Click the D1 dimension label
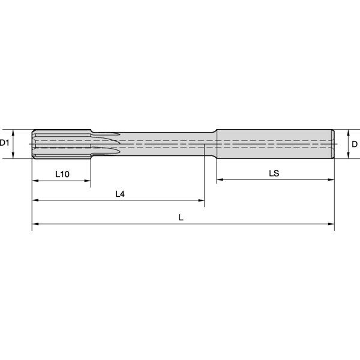tap(5, 143)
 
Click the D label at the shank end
tap(355, 144)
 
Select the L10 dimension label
tap(62, 174)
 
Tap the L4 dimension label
tap(120, 194)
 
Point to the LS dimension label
tap(274, 173)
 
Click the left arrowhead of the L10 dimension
tap(35, 181)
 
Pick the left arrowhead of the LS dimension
tap(220, 179)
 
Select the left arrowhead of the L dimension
tap(35, 224)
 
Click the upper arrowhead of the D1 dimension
tap(13, 132)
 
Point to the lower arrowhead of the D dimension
tap(346, 155)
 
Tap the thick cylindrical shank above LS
tap(274, 144)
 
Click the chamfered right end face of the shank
tap(333, 144)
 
